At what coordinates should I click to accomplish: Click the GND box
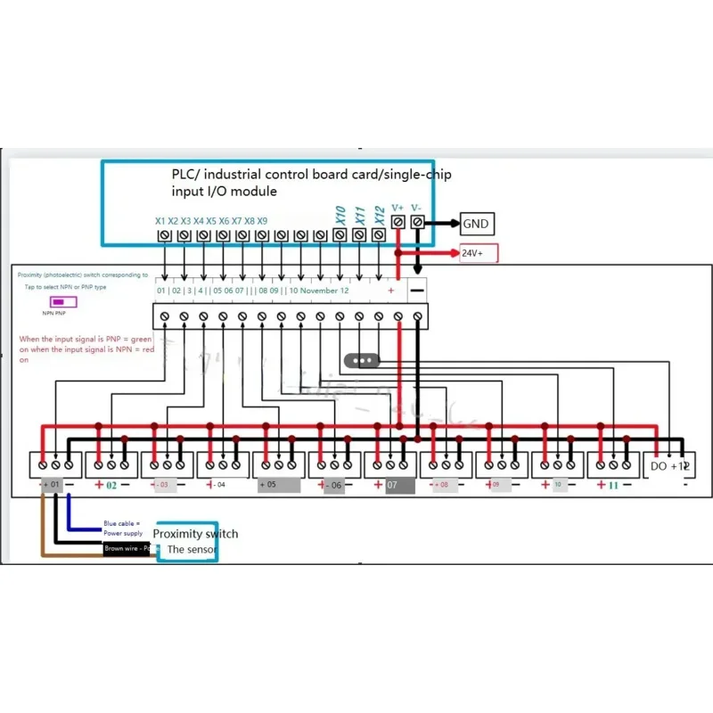[x=475, y=224]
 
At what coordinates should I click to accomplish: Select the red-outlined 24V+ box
[x=479, y=253]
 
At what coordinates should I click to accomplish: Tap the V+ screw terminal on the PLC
[x=397, y=221]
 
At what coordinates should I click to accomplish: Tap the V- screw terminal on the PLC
[x=416, y=221]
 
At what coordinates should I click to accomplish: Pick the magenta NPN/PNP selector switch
[x=63, y=301]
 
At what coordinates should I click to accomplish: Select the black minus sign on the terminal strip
[x=417, y=291]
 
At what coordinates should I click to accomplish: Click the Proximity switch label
[x=195, y=533]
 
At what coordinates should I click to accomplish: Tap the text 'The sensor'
[x=188, y=550]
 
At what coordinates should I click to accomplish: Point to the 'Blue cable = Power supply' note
[x=123, y=528]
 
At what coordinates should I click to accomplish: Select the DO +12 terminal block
[x=668, y=465]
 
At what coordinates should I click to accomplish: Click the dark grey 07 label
[x=400, y=486]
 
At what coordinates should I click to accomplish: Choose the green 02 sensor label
[x=111, y=486]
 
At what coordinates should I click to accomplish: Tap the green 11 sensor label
[x=612, y=486]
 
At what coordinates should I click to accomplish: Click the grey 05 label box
[x=278, y=486]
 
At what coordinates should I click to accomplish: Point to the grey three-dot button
[x=362, y=360]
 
